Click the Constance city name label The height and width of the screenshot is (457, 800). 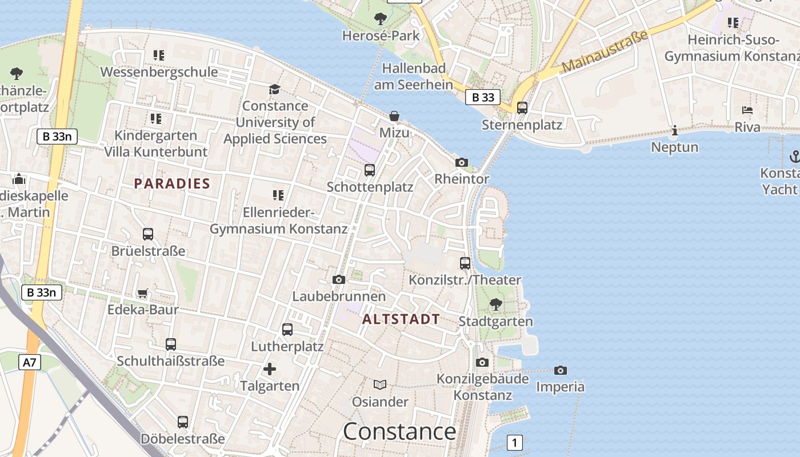pos(399,431)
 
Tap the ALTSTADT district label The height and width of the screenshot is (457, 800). pos(401,319)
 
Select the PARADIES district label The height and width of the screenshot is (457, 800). pos(172,183)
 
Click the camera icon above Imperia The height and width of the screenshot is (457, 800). pos(561,370)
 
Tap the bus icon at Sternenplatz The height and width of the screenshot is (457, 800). pos(522,107)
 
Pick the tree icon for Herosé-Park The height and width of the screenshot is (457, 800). pos(380,19)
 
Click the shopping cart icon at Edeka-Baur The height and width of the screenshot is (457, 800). pos(143,293)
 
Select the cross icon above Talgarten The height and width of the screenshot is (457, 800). pos(270,369)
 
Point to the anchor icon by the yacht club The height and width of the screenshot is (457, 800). pos(794,156)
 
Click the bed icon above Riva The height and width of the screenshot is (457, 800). pos(747,110)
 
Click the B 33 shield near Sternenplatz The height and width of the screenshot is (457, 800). pos(483,97)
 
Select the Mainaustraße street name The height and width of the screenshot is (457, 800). pos(606,51)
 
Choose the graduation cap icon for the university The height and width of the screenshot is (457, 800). pos(275,89)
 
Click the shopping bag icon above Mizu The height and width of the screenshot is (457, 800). pos(394,116)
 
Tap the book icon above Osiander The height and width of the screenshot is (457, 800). pos(380,384)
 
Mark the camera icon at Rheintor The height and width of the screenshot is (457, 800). pos(462,162)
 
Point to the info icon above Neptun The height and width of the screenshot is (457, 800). pos(675,131)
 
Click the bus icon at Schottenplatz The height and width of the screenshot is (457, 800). pos(370,170)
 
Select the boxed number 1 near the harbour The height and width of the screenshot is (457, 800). pos(515,442)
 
